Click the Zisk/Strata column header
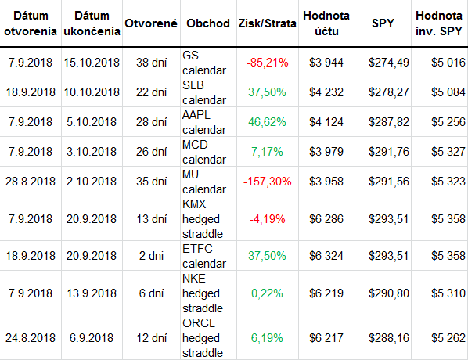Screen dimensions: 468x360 [267, 23]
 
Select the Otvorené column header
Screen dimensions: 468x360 [151, 23]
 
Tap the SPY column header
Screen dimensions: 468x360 [383, 23]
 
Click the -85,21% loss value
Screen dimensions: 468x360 [267, 63]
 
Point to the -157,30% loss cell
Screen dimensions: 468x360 [267, 182]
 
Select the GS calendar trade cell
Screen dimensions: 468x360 [204, 63]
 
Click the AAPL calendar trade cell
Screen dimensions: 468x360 [204, 122]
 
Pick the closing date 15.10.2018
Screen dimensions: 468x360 [92, 63]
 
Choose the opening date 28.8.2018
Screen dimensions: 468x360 [31, 182]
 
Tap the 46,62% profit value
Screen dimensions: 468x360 [267, 122]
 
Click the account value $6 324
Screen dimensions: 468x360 [326, 256]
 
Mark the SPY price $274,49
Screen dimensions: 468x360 [389, 63]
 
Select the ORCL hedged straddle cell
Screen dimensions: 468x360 [203, 338]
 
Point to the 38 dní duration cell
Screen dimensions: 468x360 [151, 63]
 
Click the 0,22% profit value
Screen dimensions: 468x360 [267, 293]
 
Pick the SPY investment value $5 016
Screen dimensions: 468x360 [448, 63]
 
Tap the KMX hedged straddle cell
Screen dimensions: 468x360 [203, 219]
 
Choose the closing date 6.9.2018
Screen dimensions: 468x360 [92, 338]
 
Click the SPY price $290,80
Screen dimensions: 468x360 [389, 293]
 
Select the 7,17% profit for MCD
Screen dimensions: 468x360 [267, 152]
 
